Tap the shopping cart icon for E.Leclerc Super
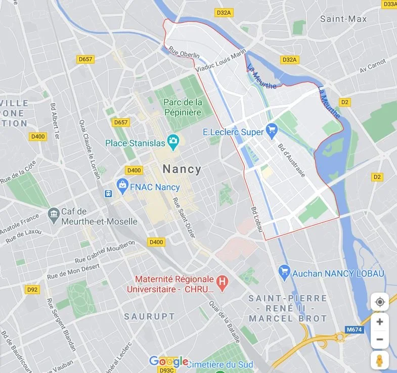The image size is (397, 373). pos(272,131)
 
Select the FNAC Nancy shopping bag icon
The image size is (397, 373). pos(122,186)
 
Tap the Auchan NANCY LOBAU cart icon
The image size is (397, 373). pos(284,273)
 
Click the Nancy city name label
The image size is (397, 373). pos(182,169)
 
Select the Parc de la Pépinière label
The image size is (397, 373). pos(183,107)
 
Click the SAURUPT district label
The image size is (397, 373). pos(150,317)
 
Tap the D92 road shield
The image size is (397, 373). pos(32,290)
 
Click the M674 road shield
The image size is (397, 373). pos(355,330)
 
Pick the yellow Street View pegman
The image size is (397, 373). pos(379,360)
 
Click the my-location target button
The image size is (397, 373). pos(380,302)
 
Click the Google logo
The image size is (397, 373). pos(168,361)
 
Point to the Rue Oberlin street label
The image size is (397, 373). pos(184,53)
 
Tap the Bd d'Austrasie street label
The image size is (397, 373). pos(292,160)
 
